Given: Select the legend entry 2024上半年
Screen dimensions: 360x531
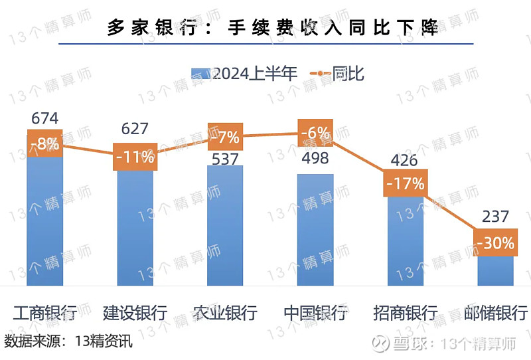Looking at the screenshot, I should point(244,74).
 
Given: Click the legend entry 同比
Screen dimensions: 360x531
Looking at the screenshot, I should point(338,74).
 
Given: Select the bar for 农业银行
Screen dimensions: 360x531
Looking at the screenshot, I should point(225,226).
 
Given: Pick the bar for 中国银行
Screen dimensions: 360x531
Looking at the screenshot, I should point(315,229).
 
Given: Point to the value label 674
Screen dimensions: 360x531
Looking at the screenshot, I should point(45,119).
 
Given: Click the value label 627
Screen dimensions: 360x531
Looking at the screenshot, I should point(135,128).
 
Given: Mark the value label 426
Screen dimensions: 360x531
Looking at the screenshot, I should point(404,160).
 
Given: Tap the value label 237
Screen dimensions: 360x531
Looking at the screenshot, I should point(495,216).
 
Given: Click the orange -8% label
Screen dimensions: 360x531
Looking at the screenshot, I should point(45,143).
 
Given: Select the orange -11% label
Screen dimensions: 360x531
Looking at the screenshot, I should point(135,157).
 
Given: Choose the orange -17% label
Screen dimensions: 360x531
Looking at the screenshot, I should point(405,183).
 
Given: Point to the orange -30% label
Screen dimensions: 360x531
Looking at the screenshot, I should point(495,243).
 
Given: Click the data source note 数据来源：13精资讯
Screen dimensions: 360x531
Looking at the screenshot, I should point(68,342).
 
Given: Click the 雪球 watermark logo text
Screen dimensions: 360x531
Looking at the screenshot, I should point(394,343).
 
